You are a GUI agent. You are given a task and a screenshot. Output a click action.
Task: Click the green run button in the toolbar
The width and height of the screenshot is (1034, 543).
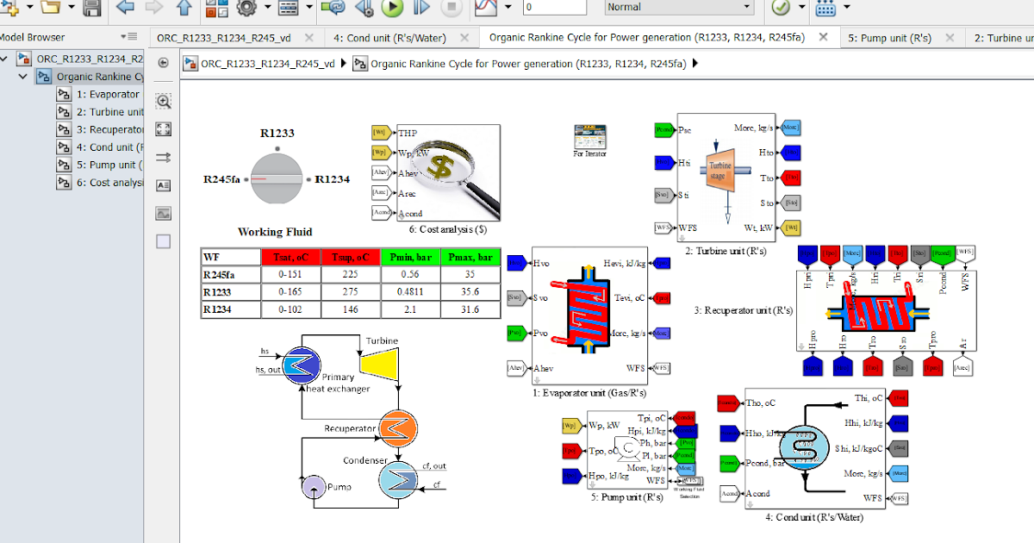392,8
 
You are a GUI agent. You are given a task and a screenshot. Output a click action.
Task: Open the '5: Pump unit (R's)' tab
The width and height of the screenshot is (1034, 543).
889,38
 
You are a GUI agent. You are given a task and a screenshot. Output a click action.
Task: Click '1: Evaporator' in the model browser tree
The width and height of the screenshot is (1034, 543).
108,94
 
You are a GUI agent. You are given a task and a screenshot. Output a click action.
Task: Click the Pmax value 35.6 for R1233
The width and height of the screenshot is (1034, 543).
470,292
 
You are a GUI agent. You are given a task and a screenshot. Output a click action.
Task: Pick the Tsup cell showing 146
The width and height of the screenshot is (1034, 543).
350,309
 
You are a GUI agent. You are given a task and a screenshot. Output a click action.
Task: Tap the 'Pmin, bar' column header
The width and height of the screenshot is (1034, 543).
409,257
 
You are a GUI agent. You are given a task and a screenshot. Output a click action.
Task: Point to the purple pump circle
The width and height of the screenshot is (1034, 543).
312,486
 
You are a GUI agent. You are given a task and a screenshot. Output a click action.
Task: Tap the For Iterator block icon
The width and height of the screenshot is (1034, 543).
589,136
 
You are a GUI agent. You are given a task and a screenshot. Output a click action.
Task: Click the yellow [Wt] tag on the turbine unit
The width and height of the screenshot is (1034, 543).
791,228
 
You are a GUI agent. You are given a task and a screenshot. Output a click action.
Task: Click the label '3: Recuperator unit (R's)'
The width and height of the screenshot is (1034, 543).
743,310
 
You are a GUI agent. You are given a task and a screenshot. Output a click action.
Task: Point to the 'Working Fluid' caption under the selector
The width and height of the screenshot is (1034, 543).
275,232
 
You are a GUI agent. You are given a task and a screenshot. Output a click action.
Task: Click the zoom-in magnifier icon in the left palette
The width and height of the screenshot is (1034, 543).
163,101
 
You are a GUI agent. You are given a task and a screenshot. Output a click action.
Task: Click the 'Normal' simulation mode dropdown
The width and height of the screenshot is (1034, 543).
679,7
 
